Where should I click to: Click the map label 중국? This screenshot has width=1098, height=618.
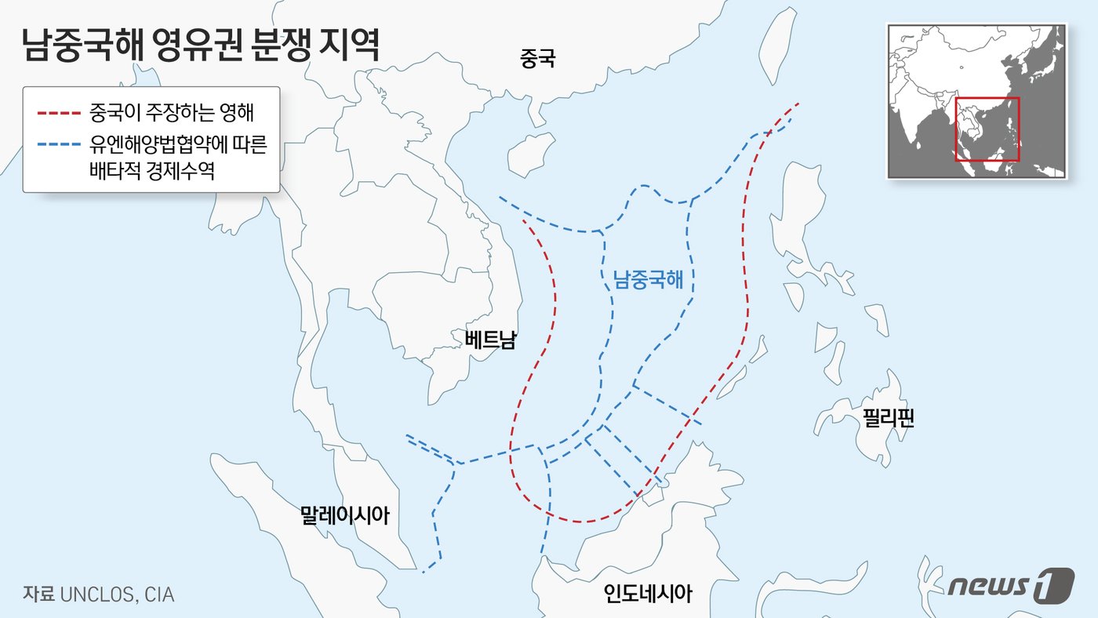537,57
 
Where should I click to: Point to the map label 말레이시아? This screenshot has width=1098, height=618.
344,515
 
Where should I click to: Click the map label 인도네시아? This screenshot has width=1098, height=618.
648,594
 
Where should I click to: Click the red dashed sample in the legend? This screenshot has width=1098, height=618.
59,114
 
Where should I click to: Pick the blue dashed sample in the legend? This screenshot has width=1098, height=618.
59,146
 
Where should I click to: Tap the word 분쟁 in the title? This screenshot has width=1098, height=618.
275,45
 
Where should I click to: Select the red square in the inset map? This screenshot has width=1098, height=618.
987,129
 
